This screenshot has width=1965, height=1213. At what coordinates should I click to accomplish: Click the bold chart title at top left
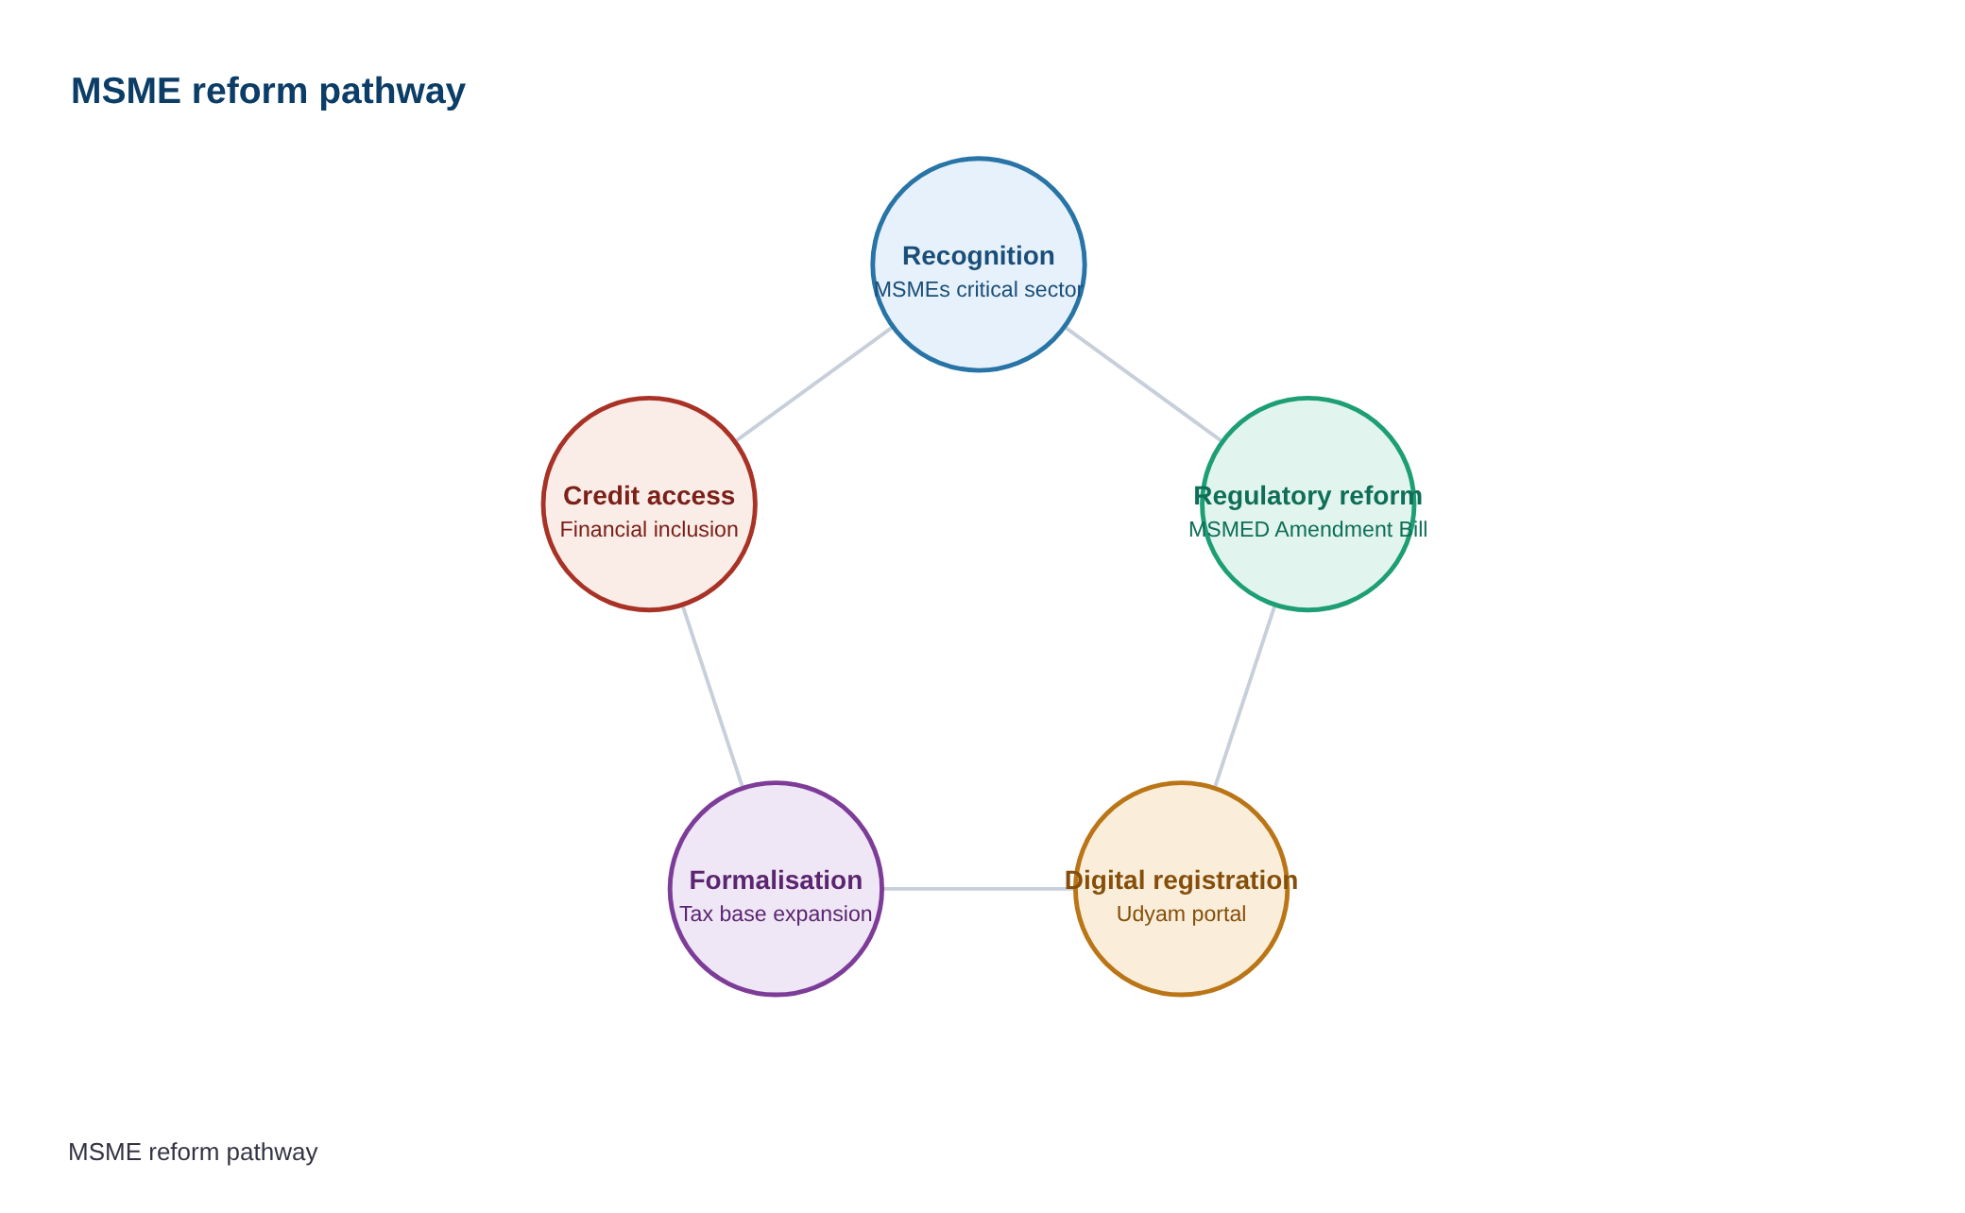click(x=268, y=92)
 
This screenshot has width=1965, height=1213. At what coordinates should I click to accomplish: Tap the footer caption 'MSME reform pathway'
click(x=193, y=1152)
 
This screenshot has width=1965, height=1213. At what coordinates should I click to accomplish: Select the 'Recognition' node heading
click(x=979, y=256)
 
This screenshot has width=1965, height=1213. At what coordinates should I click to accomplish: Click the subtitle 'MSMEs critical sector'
click(x=979, y=290)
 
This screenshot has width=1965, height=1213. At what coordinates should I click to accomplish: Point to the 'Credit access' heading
click(x=649, y=496)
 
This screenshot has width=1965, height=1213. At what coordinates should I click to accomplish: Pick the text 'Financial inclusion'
click(x=649, y=530)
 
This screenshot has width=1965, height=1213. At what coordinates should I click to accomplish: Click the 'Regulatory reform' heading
click(x=1308, y=496)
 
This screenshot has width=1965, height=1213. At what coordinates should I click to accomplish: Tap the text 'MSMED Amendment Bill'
click(x=1308, y=530)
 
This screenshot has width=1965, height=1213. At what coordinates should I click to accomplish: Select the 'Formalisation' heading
click(x=776, y=880)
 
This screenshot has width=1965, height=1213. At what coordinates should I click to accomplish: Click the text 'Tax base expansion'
click(x=776, y=914)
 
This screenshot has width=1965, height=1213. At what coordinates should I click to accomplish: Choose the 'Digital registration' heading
click(x=1181, y=880)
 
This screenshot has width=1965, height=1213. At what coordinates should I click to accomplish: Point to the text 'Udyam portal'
click(x=1181, y=914)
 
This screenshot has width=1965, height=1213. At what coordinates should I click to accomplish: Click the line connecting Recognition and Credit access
click(x=814, y=384)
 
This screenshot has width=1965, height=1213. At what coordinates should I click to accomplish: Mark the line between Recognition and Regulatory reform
click(x=1143, y=384)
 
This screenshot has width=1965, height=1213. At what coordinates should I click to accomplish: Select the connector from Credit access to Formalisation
click(x=712, y=696)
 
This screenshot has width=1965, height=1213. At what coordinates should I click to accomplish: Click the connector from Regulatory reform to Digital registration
click(x=1244, y=696)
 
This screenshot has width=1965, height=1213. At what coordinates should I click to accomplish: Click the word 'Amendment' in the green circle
click(x=1333, y=530)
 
